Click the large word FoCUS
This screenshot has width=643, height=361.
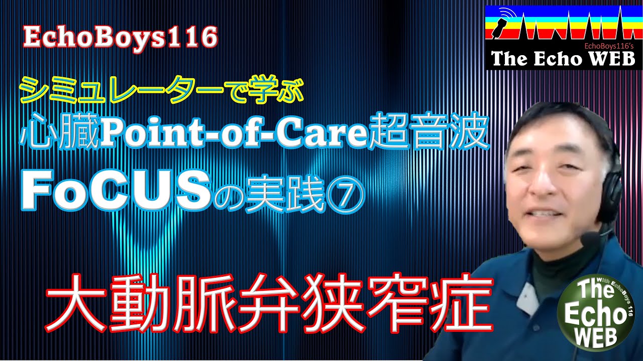(116, 193)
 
